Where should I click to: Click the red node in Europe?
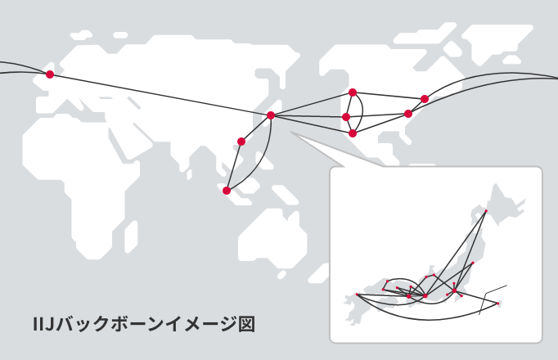click(x=50, y=74)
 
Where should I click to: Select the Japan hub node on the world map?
click(x=271, y=115)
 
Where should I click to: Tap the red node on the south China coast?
click(x=241, y=142)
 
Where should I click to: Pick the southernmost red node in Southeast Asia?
click(x=227, y=191)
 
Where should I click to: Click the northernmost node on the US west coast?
click(x=353, y=92)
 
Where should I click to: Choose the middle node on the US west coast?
click(x=346, y=117)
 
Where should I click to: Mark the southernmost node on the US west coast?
click(x=353, y=133)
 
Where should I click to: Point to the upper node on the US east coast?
click(x=425, y=99)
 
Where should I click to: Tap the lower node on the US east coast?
click(x=408, y=114)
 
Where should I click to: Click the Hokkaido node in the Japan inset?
click(x=486, y=211)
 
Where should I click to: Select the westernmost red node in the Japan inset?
click(x=358, y=295)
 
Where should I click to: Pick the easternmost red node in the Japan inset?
click(x=497, y=304)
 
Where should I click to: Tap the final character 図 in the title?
click(x=246, y=324)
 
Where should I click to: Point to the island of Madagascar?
click(x=131, y=236)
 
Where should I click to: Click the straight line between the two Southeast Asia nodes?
click(x=234, y=166)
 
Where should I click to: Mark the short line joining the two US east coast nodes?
click(x=416, y=106)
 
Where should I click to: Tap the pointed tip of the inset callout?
click(x=291, y=132)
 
